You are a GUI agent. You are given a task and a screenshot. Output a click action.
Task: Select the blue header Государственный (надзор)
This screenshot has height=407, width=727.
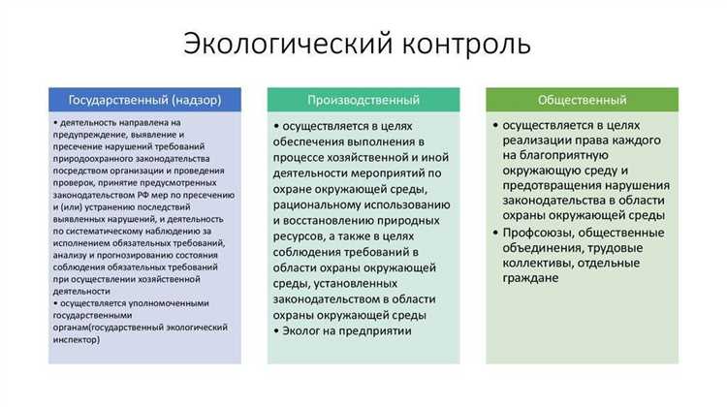point(144,100)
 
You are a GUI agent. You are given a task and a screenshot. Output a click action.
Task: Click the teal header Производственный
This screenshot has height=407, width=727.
point(363,100)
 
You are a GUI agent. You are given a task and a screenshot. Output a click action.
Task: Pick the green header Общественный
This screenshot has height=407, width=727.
point(582,100)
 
